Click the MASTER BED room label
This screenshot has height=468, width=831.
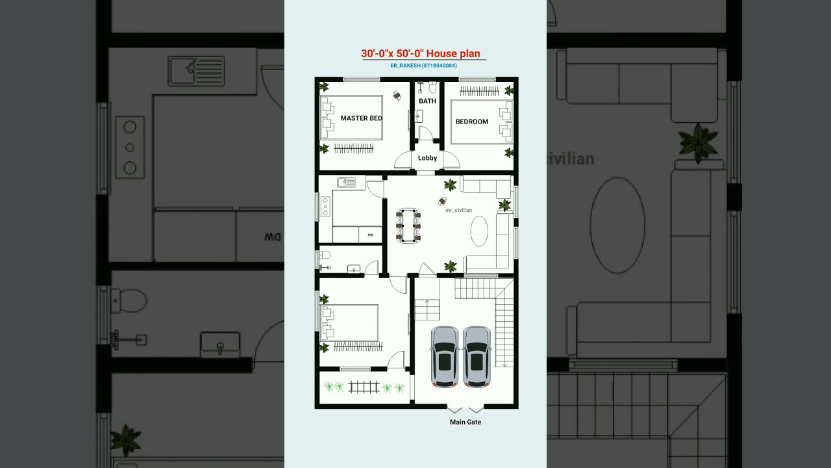(361, 118)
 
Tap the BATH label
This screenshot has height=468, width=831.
(427, 101)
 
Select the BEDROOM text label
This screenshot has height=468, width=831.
(471, 122)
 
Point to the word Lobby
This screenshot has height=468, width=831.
(427, 158)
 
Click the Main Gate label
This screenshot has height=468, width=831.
(465, 422)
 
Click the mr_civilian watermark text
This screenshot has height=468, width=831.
(458, 210)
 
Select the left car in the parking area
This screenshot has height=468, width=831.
(445, 356)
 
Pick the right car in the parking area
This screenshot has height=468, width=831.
(477, 356)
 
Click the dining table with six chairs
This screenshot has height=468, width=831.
(408, 225)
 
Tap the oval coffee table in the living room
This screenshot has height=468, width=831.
(479, 231)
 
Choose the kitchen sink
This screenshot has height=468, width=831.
(346, 182)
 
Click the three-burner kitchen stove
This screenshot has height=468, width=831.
(325, 207)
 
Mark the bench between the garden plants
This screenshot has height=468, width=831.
(364, 387)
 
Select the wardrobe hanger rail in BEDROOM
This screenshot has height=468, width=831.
(478, 91)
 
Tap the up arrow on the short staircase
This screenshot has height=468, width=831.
(427, 302)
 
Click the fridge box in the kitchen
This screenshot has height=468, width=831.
(370, 234)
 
